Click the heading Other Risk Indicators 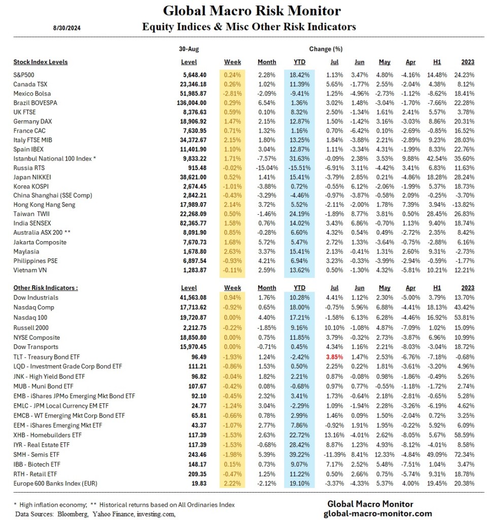[x=46, y=287]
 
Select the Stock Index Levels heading [x=40, y=62]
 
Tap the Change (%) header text [x=325, y=49]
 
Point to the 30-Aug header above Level [x=189, y=49]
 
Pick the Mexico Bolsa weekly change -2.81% [x=232, y=93]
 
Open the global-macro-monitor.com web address [x=370, y=513]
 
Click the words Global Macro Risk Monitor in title [x=252, y=11]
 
